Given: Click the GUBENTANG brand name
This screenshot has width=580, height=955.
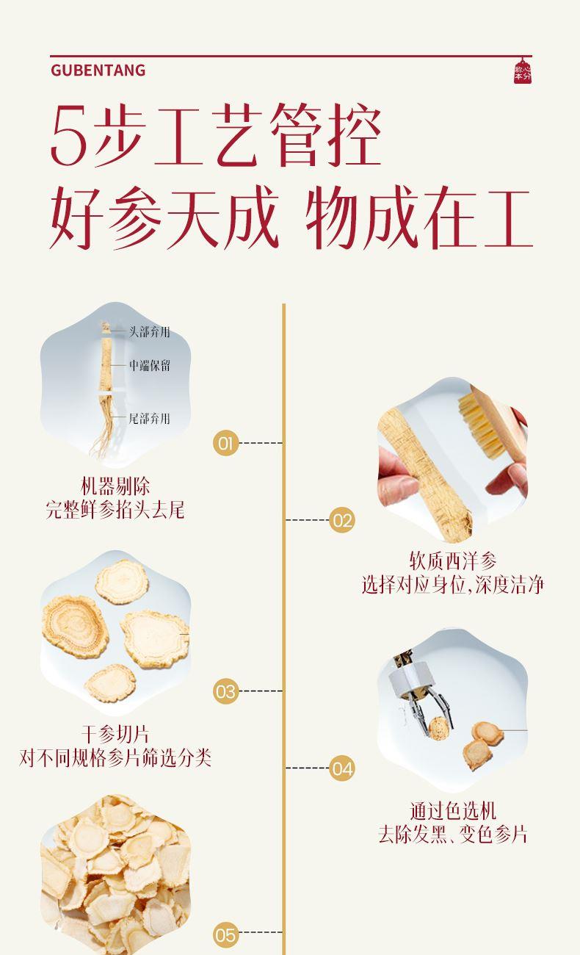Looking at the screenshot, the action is coord(98,71).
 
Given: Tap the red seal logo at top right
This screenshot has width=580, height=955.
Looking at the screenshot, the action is coord(523,72).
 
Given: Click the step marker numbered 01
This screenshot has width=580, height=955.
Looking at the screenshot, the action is coord(225,443).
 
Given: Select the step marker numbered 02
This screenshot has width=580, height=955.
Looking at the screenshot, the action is coord(342,520).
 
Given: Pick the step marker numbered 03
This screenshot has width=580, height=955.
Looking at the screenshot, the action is coord(225,691).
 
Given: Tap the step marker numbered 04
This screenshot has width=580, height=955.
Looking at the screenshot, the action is coord(342,768).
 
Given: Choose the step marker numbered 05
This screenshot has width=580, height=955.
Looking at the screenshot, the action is coord(225,935).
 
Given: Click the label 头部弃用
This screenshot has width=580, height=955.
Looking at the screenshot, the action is coord(149,331).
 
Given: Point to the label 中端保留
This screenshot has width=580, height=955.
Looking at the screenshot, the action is coord(150,365).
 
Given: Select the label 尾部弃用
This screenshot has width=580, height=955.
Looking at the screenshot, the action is coord(149,418).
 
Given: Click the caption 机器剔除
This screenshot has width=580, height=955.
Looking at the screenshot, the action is coord(115,486).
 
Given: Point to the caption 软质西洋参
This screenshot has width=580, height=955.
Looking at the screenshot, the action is coord(453,561).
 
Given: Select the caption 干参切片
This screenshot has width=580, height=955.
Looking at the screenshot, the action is coord(115,735).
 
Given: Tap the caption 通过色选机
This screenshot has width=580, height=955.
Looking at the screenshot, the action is coord(453,811).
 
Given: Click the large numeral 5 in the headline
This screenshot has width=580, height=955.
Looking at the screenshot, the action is coord(70,137).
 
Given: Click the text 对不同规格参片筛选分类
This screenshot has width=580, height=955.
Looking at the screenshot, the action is coord(115,758).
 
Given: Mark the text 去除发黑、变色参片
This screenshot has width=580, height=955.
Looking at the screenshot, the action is coord(453,835).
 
